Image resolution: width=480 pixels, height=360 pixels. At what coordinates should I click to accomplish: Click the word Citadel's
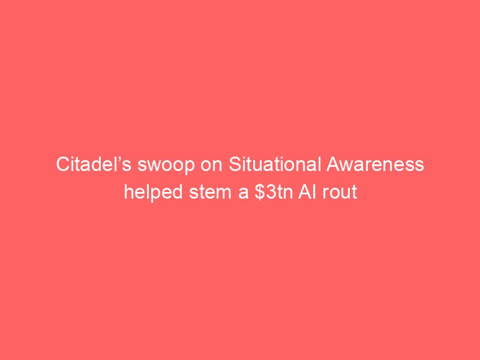[94, 164]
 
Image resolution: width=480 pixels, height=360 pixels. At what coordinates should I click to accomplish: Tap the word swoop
[166, 166]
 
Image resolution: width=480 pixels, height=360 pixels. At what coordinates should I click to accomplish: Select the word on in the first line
[211, 166]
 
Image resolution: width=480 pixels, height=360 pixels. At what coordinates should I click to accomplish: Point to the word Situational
[275, 164]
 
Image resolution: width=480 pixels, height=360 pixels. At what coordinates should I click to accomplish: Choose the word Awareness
[375, 164]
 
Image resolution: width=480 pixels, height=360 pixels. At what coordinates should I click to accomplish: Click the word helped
[154, 193]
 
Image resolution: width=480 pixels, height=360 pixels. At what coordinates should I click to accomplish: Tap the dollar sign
[260, 193]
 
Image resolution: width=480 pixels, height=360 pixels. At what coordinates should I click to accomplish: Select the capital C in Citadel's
[63, 164]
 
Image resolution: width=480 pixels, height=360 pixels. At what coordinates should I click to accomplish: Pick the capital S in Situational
[235, 164]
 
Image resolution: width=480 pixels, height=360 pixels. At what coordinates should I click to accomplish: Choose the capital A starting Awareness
[333, 164]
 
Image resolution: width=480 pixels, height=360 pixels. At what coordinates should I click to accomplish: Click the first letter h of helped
[128, 192]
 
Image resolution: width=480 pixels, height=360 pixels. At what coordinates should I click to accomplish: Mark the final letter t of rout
[355, 193]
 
